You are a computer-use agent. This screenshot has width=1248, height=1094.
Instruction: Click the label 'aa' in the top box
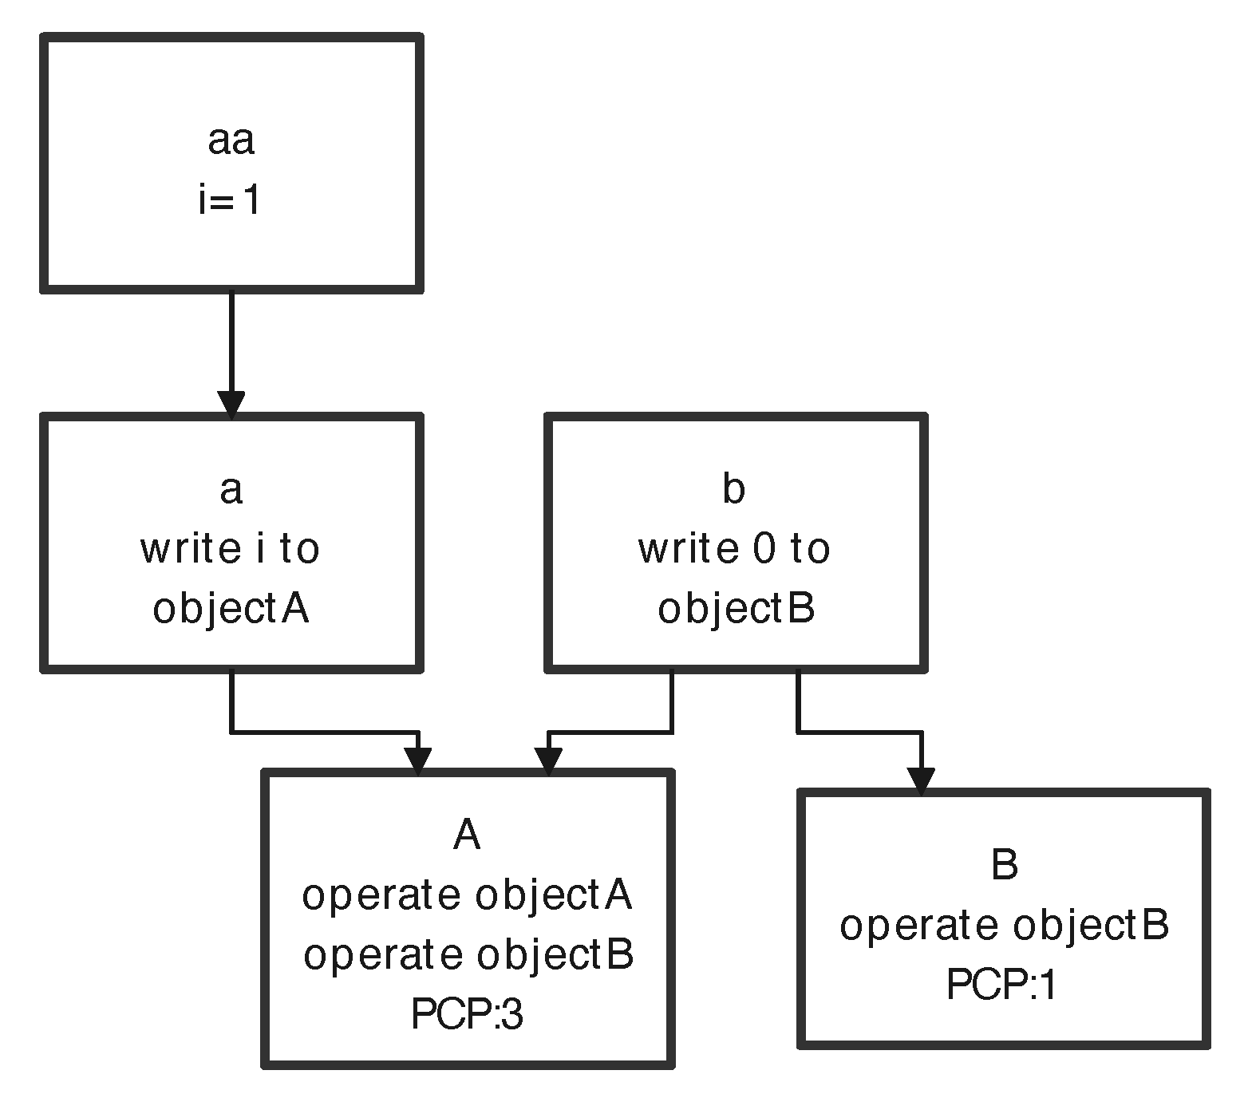[231, 140]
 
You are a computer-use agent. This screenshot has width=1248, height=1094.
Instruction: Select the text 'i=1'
[230, 200]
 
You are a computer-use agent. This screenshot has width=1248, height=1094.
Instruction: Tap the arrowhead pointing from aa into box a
[231, 405]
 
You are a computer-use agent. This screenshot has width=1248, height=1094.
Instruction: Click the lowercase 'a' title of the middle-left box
[231, 489]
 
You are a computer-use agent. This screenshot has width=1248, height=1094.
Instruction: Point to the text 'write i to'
[230, 549]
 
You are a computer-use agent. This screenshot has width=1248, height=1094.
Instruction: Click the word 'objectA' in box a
[231, 609]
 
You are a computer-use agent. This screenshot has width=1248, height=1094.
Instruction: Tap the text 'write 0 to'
[734, 549]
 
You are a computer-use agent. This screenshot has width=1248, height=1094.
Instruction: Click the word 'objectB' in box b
[736, 609]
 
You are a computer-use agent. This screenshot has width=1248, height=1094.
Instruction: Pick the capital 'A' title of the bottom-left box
[467, 835]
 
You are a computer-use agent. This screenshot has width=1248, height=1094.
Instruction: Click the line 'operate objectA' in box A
[467, 895]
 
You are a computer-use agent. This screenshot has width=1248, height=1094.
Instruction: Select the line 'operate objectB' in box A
[468, 954]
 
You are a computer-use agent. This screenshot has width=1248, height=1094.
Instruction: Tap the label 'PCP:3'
[467, 1015]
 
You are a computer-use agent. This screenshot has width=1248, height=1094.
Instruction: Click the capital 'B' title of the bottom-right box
[1004, 865]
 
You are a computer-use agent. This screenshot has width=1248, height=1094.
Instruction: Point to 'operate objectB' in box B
[1004, 926]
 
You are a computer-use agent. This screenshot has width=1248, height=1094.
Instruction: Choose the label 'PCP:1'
[1002, 985]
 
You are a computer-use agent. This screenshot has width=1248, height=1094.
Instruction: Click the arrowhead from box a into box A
[418, 760]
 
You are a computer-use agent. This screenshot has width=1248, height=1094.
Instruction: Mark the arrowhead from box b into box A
[548, 760]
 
